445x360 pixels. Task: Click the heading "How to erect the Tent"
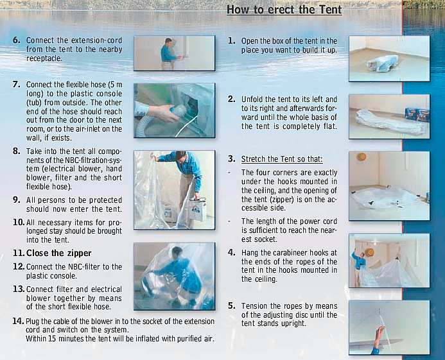point(284,10)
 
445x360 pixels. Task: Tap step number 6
point(17,40)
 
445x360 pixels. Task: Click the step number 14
point(18,321)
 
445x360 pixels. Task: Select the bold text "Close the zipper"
point(58,253)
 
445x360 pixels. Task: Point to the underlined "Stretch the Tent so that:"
point(282,159)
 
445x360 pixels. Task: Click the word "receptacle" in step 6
point(44,58)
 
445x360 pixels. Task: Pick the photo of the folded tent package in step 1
point(389,59)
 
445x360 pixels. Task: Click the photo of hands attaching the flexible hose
point(174,110)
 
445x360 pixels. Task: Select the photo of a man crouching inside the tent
point(174,277)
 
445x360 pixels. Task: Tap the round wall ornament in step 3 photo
point(362,157)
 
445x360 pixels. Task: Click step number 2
point(232,99)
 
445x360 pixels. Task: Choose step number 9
point(17,200)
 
